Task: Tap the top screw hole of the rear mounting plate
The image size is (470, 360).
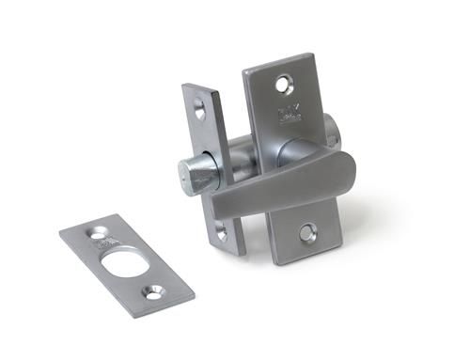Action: click(x=283, y=86)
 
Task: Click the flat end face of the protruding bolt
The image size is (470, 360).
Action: click(x=186, y=175)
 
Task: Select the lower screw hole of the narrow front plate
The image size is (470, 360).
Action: click(x=223, y=232)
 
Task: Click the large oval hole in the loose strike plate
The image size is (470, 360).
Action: click(x=121, y=260)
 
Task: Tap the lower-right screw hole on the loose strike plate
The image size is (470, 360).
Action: click(x=151, y=293)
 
